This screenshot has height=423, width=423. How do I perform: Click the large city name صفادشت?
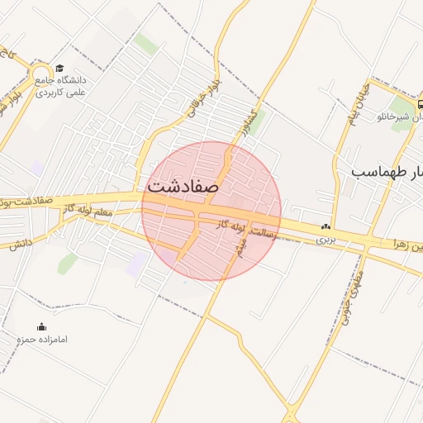point(183,186)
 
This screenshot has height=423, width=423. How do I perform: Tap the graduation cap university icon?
point(59,69)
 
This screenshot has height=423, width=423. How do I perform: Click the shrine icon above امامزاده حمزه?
point(42,327)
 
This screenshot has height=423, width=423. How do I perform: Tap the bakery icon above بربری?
point(326,226)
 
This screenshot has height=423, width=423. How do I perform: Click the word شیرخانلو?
point(393,117)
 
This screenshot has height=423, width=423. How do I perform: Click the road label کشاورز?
point(245,121)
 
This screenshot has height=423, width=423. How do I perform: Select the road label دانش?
point(21,244)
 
